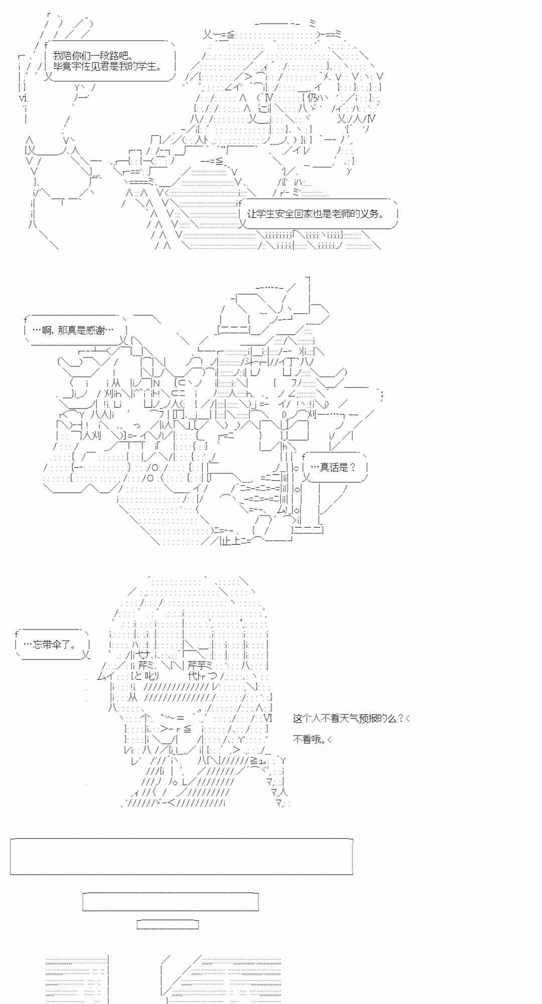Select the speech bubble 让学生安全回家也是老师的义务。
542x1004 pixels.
click(316, 213)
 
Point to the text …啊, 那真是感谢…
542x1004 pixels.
click(73, 330)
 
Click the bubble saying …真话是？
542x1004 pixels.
click(333, 467)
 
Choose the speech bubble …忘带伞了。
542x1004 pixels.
click(52, 645)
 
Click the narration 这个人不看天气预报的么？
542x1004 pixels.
click(348, 718)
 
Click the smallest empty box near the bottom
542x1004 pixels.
click(168, 924)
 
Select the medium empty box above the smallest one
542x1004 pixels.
click(171, 902)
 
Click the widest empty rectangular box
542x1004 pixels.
click(181, 856)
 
